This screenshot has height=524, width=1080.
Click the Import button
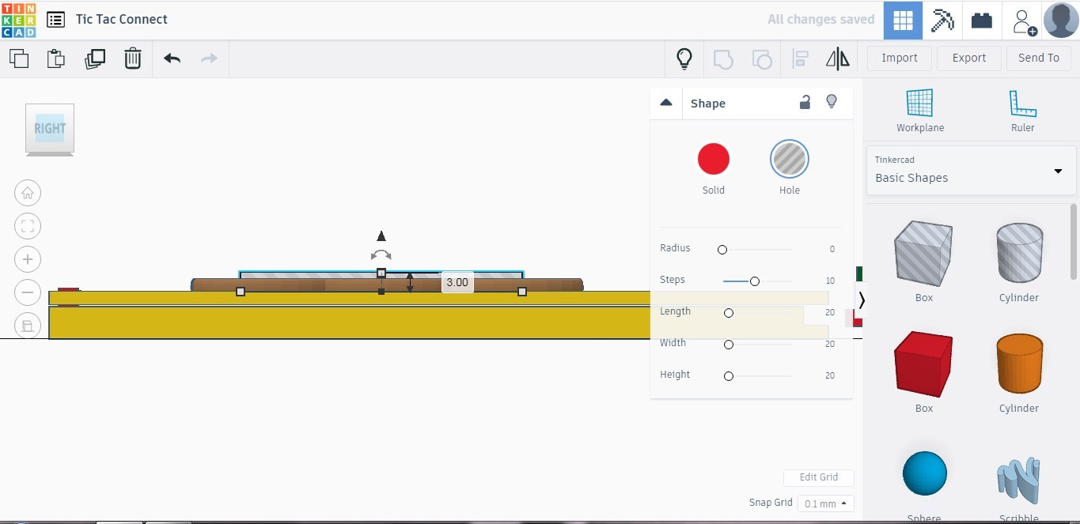click(x=899, y=58)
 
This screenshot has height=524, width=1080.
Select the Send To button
click(x=1038, y=58)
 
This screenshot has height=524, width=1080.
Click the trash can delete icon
click(x=133, y=58)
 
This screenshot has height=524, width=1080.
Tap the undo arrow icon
click(x=172, y=58)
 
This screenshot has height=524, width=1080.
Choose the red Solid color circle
click(x=713, y=159)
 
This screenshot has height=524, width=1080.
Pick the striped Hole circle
click(x=789, y=159)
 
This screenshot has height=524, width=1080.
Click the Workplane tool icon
click(x=919, y=104)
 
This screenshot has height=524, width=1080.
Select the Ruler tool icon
click(x=1022, y=104)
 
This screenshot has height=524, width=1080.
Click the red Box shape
click(x=923, y=364)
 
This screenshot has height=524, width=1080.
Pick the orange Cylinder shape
click(x=1018, y=364)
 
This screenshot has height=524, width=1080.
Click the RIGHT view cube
click(x=50, y=128)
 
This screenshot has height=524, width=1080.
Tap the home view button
click(x=28, y=193)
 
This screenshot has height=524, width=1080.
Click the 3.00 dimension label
click(x=457, y=282)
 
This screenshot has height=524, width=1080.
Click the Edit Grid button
click(x=818, y=477)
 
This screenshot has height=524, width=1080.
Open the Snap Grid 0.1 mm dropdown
click(x=825, y=503)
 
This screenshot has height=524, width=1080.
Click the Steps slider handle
click(x=755, y=281)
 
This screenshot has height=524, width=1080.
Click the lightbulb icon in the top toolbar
click(x=684, y=58)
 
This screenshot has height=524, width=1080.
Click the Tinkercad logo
click(x=18, y=20)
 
